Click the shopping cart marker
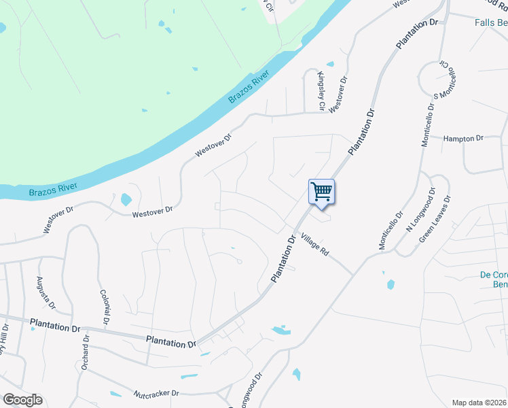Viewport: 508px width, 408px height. [321, 191]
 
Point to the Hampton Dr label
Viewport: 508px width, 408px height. [462, 138]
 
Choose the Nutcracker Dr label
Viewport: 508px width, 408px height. [156, 393]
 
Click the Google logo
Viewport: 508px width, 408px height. [22, 400]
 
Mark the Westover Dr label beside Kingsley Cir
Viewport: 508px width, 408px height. [338, 95]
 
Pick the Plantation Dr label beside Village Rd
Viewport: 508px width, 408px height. [285, 258]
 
